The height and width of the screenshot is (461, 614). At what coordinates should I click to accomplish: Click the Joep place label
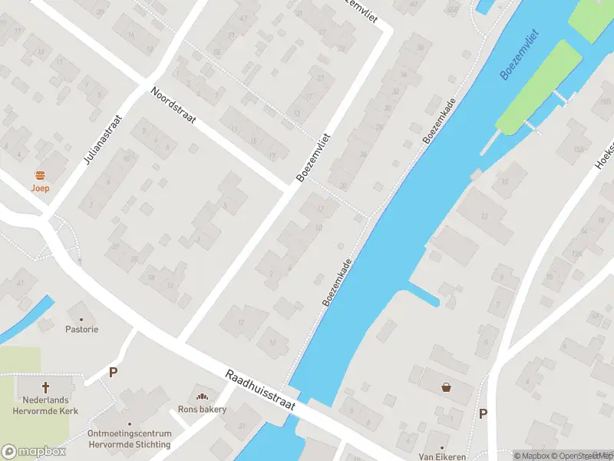41,187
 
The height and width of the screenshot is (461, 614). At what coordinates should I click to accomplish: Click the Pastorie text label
82,329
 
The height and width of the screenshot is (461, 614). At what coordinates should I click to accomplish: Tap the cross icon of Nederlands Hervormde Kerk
45,387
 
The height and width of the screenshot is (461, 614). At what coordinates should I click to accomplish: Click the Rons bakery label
202,409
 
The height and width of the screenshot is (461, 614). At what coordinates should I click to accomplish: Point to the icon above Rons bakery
202,396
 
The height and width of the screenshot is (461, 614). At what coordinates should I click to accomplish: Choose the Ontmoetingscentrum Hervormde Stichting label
130,438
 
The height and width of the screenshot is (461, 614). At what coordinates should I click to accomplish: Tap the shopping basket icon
446,387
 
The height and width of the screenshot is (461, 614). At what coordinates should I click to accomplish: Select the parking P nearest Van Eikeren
483,413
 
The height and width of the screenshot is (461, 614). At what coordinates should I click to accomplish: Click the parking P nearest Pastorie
113,373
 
